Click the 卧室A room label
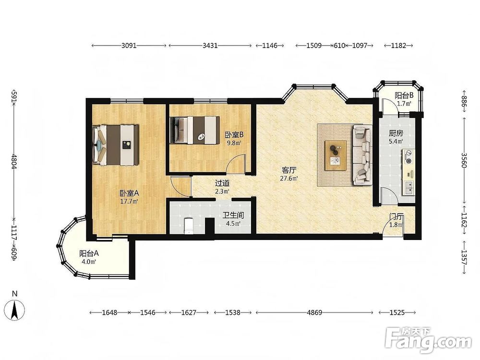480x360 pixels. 129,193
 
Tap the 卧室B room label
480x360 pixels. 234,135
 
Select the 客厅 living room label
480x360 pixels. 289,170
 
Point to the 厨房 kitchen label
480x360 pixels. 396,133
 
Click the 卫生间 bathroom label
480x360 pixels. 233,216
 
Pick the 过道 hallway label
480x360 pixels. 222,183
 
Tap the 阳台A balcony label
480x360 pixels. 89,253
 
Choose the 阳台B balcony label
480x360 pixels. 404,95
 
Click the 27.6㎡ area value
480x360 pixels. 289,179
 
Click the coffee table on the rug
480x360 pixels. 336,155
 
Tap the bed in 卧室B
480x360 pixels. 195,130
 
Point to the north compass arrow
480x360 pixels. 14,311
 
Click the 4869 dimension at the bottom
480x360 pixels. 314,312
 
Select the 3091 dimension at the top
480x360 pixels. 129,46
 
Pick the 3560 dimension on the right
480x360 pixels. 464,160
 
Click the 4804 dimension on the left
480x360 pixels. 14,161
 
